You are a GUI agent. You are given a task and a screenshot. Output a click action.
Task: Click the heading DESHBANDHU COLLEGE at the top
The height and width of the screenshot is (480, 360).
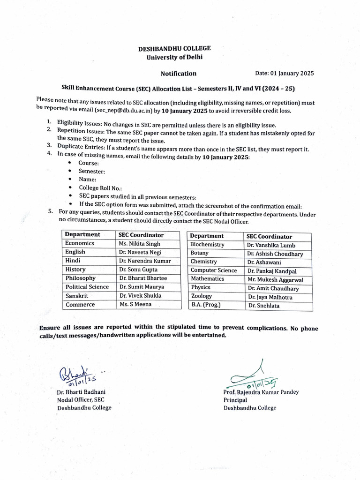tap(174, 48)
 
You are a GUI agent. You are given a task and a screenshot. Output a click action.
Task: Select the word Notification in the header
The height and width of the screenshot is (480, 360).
tap(179, 73)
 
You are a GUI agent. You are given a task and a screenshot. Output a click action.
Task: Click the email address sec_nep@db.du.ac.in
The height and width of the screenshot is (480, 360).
tap(122, 111)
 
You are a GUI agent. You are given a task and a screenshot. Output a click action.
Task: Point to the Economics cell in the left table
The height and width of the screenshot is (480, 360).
tap(80, 243)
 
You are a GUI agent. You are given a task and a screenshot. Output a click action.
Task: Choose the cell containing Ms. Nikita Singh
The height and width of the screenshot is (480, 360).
tap(140, 244)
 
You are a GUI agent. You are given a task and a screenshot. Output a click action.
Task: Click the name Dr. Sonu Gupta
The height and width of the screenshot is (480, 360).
tap(138, 270)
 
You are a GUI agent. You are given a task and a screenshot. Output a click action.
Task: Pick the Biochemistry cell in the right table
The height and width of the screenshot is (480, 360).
tap(207, 245)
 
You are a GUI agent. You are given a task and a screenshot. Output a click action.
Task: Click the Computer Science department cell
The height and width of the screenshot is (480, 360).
tap(213, 270)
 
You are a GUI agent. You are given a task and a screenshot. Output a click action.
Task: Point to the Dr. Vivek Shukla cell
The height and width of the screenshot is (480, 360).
tap(140, 296)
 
